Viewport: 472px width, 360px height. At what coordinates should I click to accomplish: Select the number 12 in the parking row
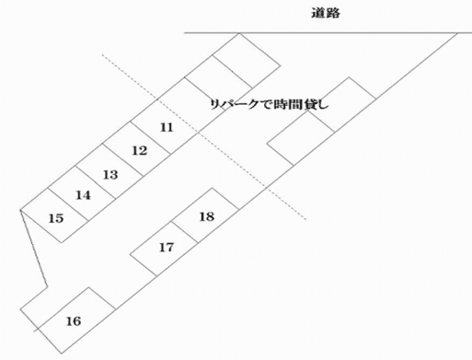(x=139, y=150)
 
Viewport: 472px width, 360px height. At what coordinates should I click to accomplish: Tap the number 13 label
(x=110, y=174)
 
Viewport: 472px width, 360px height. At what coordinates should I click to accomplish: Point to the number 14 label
(x=83, y=195)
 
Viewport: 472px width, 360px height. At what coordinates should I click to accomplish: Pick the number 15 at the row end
(x=55, y=218)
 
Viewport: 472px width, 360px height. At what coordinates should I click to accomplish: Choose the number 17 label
(x=167, y=247)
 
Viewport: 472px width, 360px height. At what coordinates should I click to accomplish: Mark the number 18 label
(x=207, y=216)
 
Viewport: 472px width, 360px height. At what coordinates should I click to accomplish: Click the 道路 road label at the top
(x=328, y=13)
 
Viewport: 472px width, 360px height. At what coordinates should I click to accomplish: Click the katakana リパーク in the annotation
(x=232, y=104)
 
